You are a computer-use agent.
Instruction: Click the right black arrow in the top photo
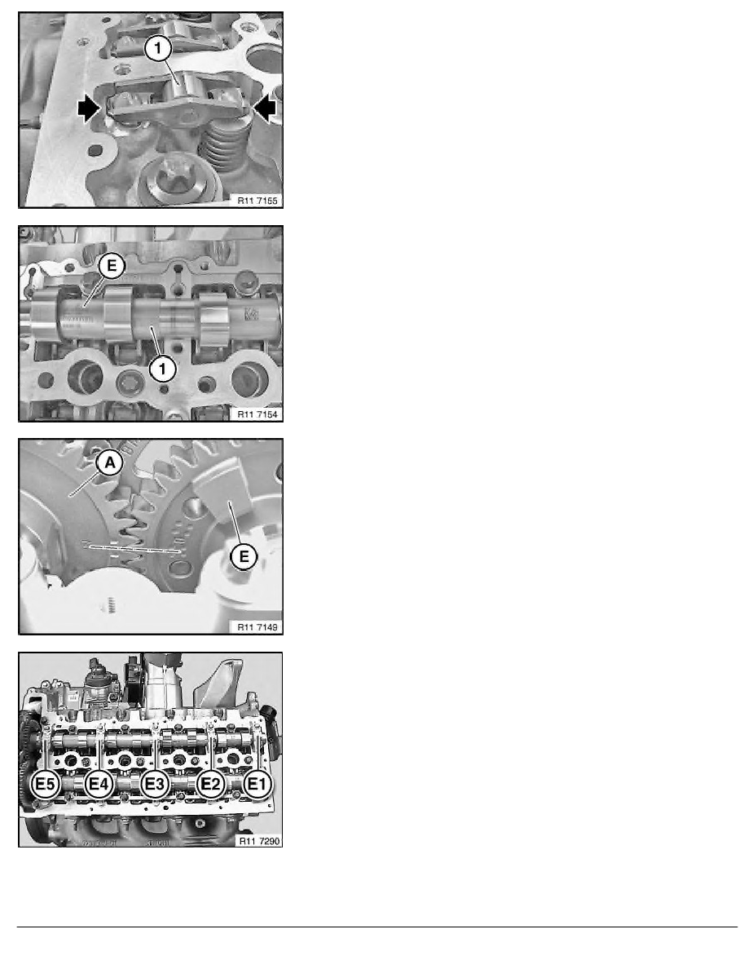point(266,108)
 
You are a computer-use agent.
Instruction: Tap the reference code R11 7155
point(257,198)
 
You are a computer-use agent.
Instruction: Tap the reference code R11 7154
point(257,414)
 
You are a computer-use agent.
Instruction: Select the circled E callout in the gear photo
point(241,557)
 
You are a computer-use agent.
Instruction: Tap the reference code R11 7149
point(257,626)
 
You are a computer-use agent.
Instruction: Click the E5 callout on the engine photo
point(45,785)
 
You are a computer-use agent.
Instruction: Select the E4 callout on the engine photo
point(100,785)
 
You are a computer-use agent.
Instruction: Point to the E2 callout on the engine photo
point(210,785)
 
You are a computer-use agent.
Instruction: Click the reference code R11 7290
point(257,840)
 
